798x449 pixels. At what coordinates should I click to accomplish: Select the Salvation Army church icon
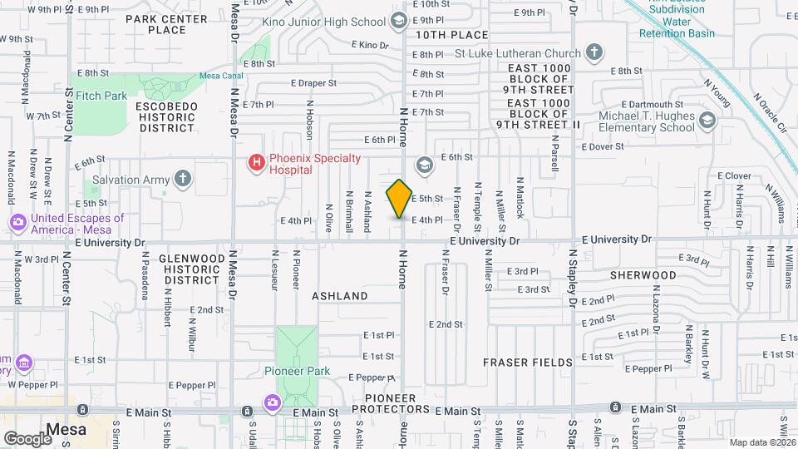click(183, 179)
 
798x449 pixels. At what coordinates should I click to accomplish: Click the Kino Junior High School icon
click(398, 20)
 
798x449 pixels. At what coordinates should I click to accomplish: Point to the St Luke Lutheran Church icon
click(594, 53)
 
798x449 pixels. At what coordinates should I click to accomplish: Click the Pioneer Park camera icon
click(272, 403)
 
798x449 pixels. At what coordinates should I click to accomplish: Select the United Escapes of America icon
click(17, 223)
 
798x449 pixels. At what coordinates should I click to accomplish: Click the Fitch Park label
click(101, 96)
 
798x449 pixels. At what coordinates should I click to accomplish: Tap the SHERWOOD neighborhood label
click(643, 275)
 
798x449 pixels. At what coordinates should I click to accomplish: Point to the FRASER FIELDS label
click(527, 363)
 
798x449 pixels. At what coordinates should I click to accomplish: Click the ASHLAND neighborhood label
click(339, 296)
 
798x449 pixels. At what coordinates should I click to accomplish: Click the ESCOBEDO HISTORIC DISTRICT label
click(167, 117)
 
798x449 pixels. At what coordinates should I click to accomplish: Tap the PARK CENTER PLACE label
click(166, 24)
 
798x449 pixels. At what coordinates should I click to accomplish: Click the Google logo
click(27, 438)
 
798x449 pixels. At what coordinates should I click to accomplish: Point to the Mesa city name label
click(66, 430)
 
